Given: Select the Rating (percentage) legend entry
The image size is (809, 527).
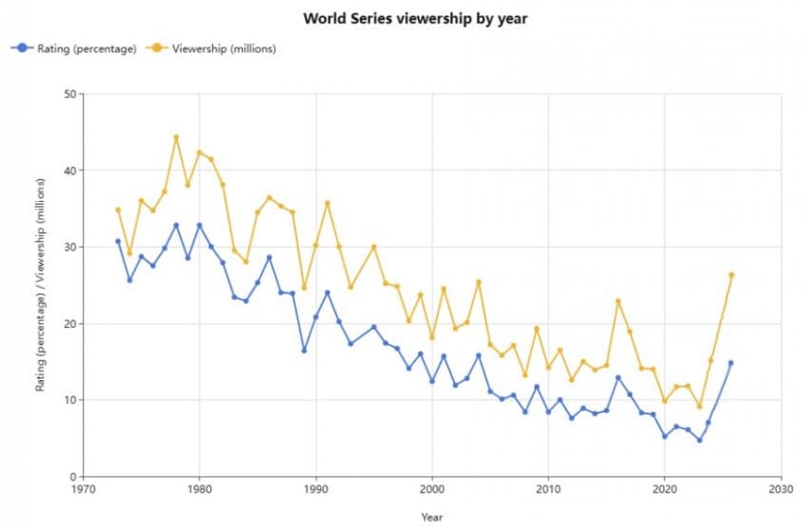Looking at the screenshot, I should [x=75, y=48].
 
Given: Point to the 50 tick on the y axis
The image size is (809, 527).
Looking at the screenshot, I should [x=69, y=93].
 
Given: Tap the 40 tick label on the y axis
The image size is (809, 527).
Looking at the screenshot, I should [x=69, y=171].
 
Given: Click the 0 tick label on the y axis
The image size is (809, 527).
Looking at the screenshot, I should [x=72, y=476].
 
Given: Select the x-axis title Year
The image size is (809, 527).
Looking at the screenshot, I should [x=432, y=517].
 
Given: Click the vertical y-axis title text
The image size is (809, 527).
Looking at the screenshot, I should [x=42, y=286].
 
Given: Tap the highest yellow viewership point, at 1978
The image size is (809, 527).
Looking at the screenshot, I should [x=176, y=137].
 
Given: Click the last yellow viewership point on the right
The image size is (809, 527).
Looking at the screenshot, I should [x=731, y=274].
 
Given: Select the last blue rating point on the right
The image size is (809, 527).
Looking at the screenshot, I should [x=731, y=363].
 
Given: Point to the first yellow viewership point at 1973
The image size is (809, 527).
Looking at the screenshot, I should [x=118, y=210].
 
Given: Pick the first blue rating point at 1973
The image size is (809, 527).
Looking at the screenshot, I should [x=118, y=241].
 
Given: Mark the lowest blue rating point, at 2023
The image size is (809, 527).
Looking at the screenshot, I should [x=700, y=440].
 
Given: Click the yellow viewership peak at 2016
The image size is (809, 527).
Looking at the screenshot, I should [x=618, y=301].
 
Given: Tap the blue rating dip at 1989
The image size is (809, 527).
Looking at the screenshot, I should [x=304, y=350].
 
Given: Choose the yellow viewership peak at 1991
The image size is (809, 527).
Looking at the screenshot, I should [x=327, y=203].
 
